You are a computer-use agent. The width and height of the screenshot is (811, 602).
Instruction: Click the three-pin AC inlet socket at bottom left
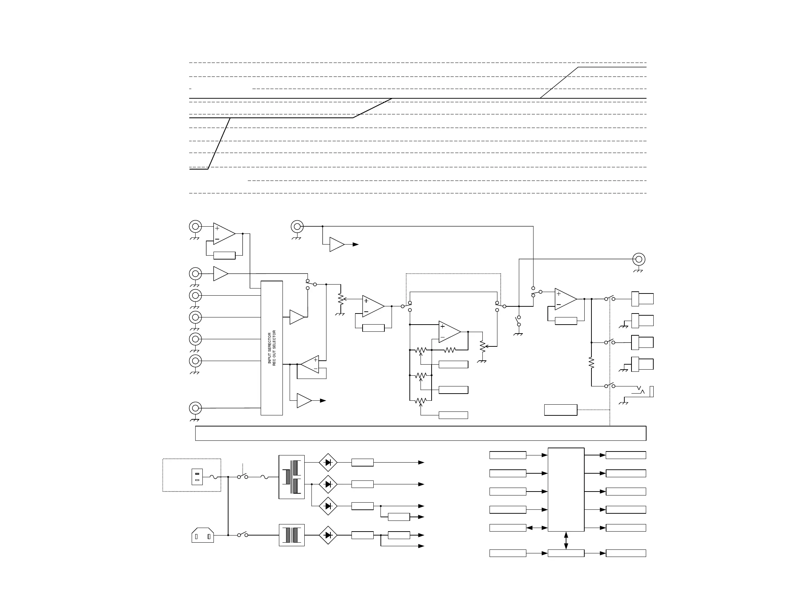(x=203, y=535)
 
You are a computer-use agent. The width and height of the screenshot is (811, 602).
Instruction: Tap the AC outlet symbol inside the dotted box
(x=197, y=477)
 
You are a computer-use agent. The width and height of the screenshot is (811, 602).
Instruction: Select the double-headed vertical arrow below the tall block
(x=566, y=541)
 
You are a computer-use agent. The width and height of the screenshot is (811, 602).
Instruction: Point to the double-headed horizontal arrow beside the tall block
(x=537, y=528)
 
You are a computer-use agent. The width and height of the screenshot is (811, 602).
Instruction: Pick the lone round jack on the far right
(x=639, y=259)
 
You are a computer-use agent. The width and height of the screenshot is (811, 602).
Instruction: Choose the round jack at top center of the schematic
(x=297, y=226)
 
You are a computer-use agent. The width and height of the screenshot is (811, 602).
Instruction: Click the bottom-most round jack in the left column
(x=195, y=408)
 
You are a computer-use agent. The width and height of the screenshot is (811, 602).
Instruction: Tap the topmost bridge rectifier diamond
(x=328, y=463)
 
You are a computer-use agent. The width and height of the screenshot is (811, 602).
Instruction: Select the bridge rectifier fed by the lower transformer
(x=328, y=535)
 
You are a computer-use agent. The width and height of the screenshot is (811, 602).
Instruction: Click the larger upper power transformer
(x=291, y=477)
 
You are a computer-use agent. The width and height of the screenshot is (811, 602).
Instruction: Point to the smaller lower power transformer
(x=291, y=535)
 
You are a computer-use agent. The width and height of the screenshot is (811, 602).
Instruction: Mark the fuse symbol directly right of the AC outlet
(x=214, y=477)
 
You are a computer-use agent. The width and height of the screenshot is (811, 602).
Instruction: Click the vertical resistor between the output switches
(x=591, y=363)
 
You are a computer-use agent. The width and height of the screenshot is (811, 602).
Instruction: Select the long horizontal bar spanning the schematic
(x=421, y=433)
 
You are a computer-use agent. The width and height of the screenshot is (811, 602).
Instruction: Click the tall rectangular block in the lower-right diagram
(x=566, y=489)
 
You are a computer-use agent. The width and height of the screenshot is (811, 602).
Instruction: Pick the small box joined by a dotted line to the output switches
(x=560, y=410)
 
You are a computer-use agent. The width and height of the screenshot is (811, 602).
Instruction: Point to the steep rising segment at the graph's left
(x=219, y=143)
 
